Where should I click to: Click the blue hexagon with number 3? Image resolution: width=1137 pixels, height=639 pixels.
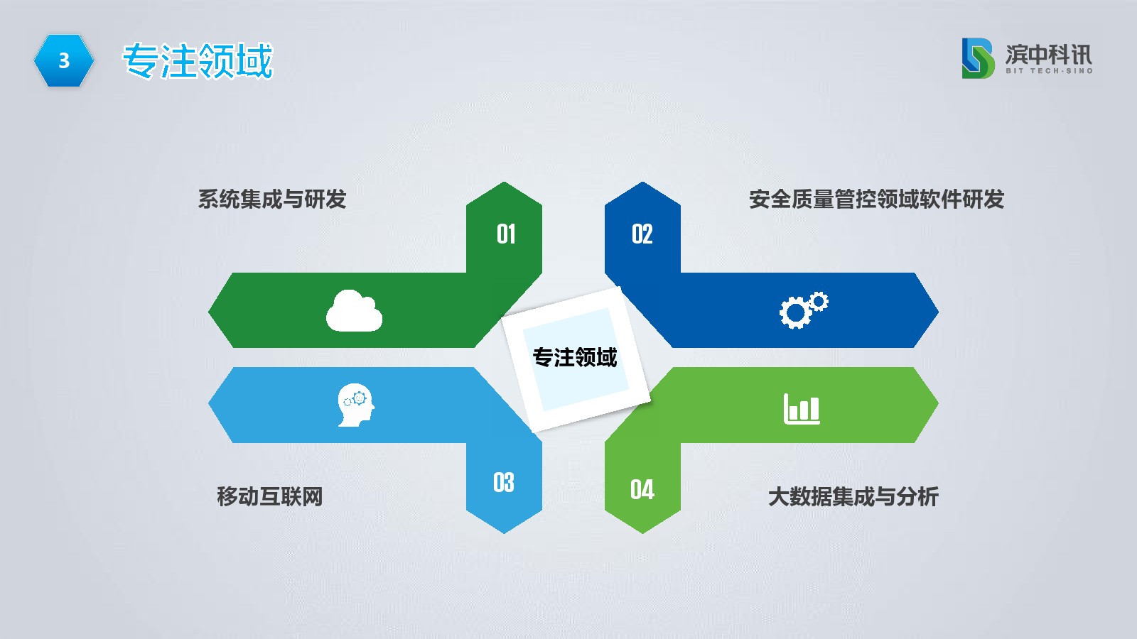64,60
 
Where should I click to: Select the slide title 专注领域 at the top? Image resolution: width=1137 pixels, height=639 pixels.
198,61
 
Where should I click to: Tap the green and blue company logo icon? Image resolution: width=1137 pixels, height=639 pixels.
978,58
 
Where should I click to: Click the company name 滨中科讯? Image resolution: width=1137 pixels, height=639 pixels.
1049,54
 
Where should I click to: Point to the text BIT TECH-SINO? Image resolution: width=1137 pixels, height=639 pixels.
1049,71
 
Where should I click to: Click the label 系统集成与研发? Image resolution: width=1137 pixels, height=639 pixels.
272,199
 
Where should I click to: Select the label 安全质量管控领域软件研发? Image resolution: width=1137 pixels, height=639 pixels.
877,199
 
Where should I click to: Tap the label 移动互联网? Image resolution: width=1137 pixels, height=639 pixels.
269,496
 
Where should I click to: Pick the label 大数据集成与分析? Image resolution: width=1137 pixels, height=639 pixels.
853,496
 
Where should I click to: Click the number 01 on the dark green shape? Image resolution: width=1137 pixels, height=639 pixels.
506,234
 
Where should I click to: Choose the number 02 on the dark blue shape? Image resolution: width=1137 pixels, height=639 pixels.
642,234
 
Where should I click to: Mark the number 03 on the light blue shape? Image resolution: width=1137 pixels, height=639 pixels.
504,482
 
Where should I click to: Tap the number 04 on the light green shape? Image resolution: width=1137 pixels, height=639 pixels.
642,490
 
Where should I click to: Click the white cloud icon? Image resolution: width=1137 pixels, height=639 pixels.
354,311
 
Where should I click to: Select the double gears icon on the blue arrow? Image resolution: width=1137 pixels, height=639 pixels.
804,310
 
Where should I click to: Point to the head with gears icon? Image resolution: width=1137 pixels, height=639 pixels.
356,405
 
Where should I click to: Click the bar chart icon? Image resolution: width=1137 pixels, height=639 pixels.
802,408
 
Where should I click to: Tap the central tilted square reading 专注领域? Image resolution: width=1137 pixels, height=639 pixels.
575,358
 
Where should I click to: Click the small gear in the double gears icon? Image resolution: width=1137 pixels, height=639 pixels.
819,301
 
